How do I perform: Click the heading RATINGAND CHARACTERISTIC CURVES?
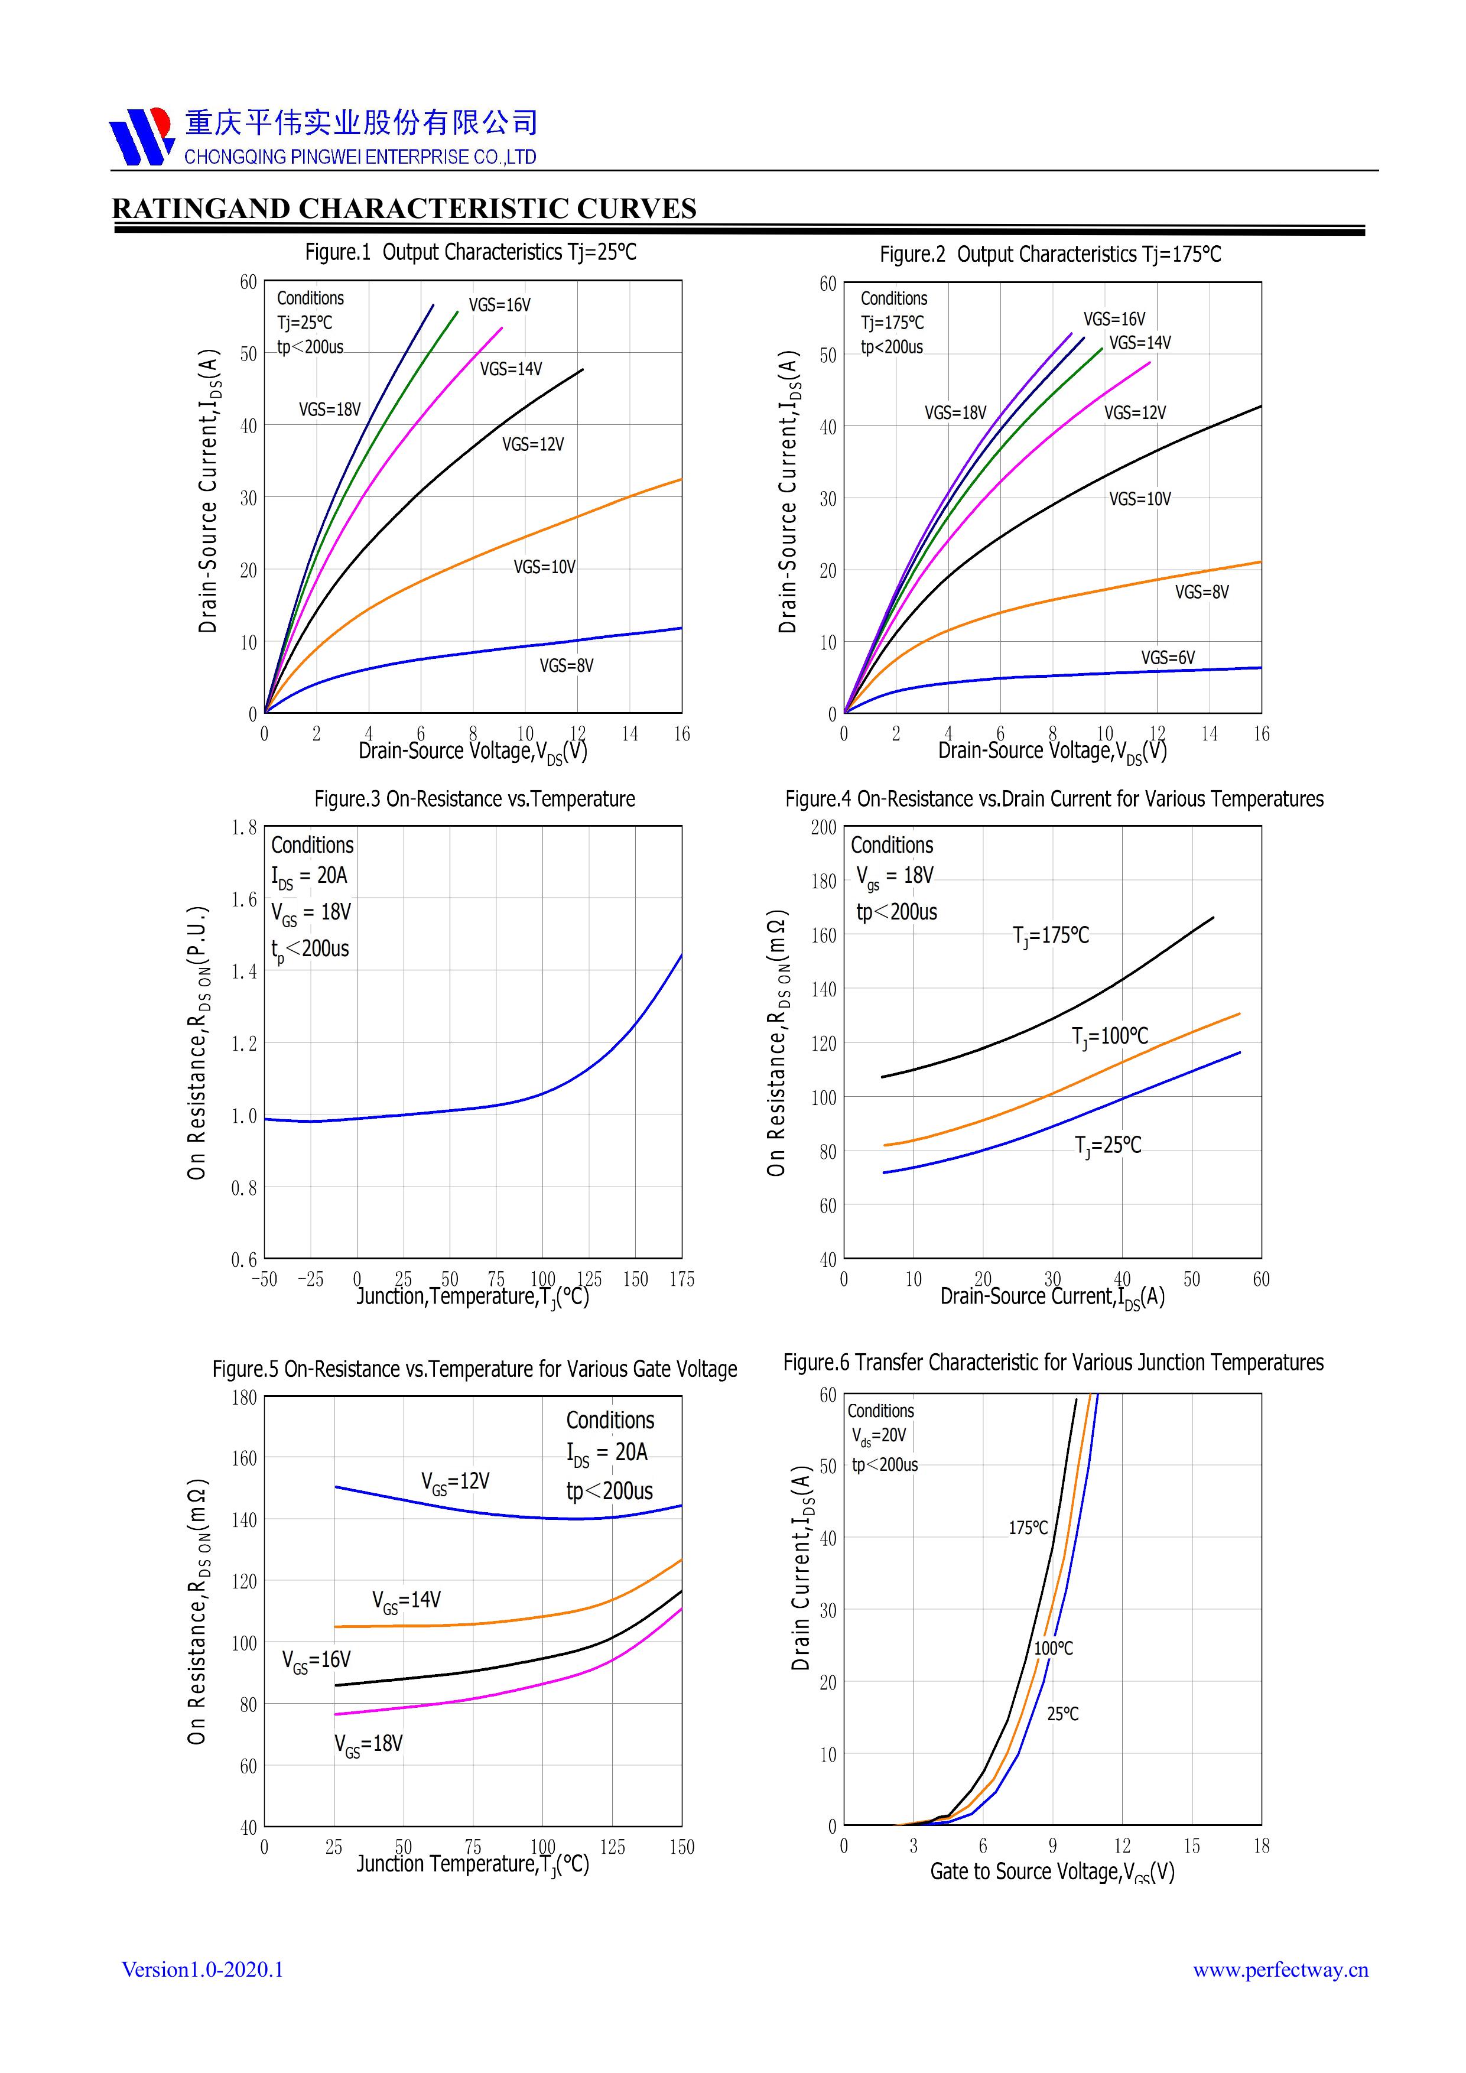(404, 209)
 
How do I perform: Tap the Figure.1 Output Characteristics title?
(470, 252)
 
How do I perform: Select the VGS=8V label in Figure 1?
(566, 665)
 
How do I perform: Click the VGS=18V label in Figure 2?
(955, 412)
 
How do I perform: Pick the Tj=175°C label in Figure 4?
(1051, 936)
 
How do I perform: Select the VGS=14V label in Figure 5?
(406, 1600)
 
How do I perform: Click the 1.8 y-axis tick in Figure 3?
(243, 828)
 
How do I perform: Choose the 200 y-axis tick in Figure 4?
(823, 828)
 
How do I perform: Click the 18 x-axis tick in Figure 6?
(1261, 1847)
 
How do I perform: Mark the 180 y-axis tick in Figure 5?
(243, 1398)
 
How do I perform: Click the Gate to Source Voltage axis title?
(1052, 1871)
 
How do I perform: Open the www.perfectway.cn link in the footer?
(1280, 1970)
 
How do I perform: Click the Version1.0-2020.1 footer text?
(202, 1969)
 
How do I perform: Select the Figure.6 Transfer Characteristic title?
(1052, 1363)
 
